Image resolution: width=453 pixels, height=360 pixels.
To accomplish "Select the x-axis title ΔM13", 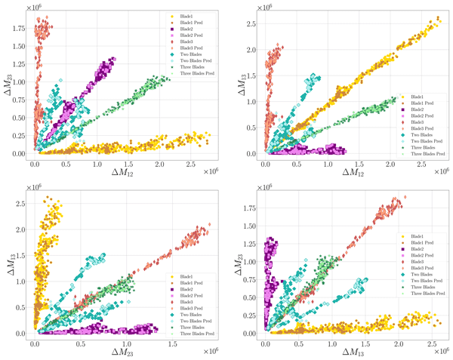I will point(354,352).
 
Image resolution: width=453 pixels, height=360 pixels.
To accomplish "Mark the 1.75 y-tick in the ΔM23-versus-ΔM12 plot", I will point(21,28).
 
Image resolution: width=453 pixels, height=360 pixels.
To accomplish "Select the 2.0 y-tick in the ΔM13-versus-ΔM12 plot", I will point(252,51).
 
